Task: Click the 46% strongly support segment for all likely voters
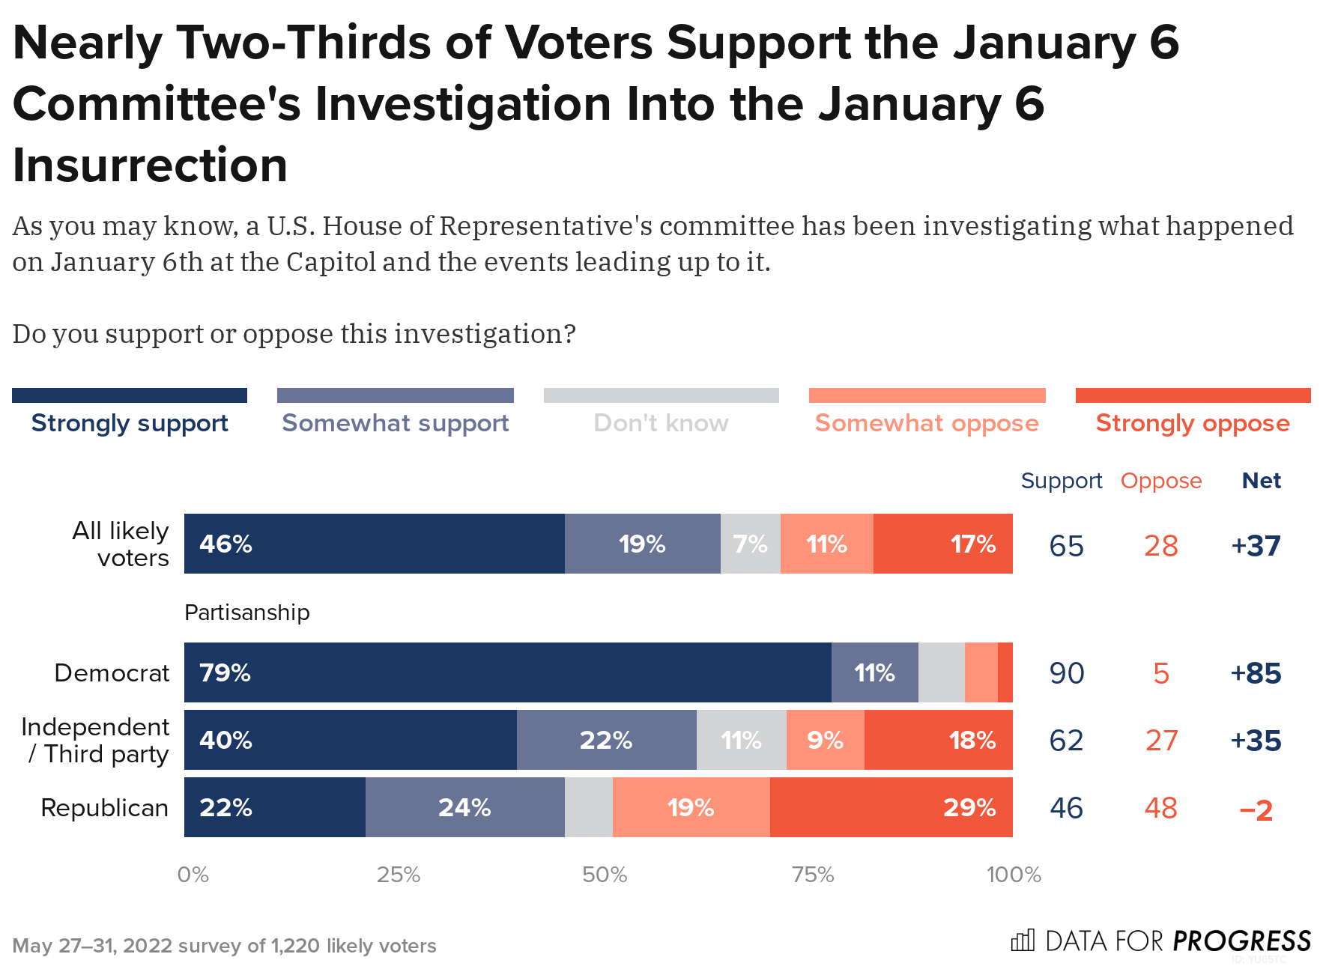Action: pyautogui.click(x=374, y=544)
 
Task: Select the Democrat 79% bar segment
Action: pyautogui.click(x=507, y=672)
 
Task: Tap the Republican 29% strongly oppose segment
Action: pyautogui.click(x=891, y=807)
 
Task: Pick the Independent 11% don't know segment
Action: pyautogui.click(x=741, y=740)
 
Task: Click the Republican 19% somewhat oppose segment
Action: pyautogui.click(x=691, y=807)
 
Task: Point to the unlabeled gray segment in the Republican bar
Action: pyautogui.click(x=588, y=807)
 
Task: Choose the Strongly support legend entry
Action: pyautogui.click(x=130, y=423)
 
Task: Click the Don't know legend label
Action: pyautogui.click(x=661, y=423)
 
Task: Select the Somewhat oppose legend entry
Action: pyautogui.click(x=927, y=423)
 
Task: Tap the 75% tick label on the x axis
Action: pyautogui.click(x=813, y=875)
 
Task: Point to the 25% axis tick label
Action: pyautogui.click(x=398, y=875)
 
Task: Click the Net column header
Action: pyautogui.click(x=1261, y=481)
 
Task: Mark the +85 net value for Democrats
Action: pyautogui.click(x=1256, y=673)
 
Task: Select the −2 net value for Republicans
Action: pyautogui.click(x=1256, y=809)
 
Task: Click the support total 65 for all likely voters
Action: pyautogui.click(x=1066, y=546)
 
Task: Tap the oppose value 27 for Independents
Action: pyautogui.click(x=1160, y=741)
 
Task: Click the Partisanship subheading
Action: pyautogui.click(x=246, y=613)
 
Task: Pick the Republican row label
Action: pyautogui.click(x=104, y=808)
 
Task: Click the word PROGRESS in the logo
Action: pyautogui.click(x=1241, y=941)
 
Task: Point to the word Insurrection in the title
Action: pyautogui.click(x=150, y=165)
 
